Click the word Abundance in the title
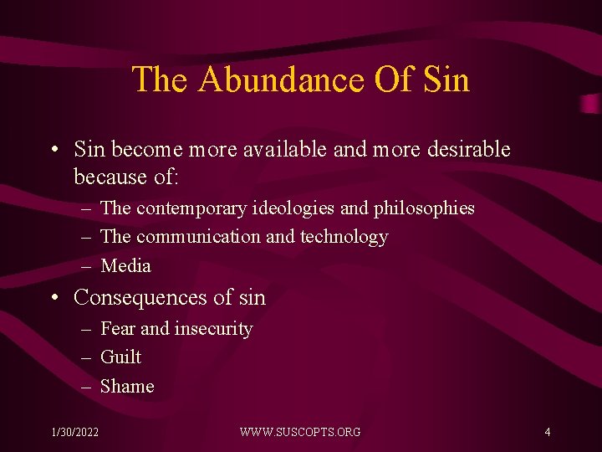(281, 80)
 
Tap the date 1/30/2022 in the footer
(74, 432)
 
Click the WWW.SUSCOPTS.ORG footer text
(300, 432)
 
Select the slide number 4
(547, 432)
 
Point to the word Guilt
(120, 357)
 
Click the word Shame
(127, 387)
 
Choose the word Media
(125, 266)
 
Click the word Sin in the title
(446, 80)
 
